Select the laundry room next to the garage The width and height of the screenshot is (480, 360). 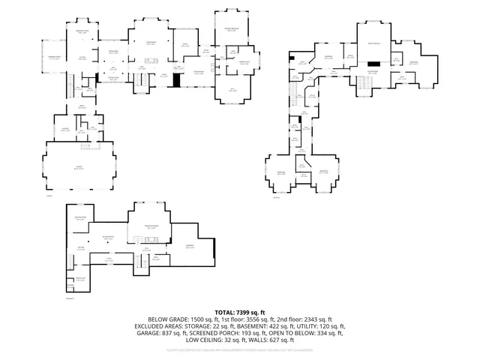click(65, 130)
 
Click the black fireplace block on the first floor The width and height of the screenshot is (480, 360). click(178, 79)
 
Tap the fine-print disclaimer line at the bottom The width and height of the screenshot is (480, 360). click(239, 349)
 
